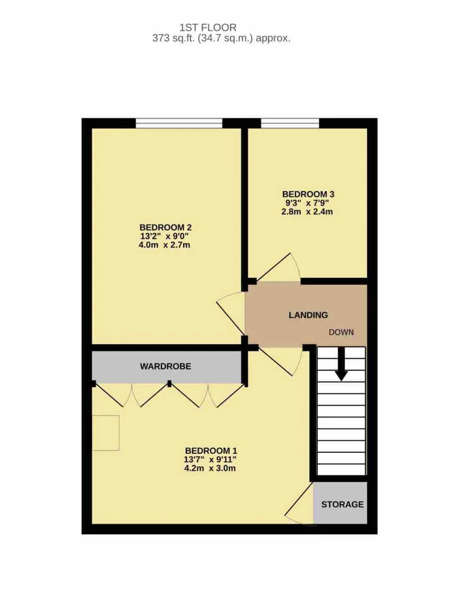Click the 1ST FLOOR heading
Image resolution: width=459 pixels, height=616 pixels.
[208, 28]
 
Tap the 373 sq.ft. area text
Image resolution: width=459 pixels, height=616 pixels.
[221, 38]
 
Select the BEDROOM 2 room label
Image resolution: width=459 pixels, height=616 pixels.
[165, 227]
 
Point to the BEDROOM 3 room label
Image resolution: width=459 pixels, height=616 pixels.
[308, 194]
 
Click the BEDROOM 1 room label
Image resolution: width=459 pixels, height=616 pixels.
[211, 451]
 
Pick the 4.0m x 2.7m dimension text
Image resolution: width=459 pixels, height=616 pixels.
[164, 245]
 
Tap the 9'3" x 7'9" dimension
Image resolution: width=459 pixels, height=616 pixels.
[307, 203]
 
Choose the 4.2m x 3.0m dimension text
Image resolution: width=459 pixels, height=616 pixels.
[210, 468]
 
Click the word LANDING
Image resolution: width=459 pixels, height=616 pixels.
[308, 315]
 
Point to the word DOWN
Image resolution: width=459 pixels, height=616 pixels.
[341, 332]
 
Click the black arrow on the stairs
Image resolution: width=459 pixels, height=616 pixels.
[341, 364]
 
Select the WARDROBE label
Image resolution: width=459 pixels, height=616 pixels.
[165, 366]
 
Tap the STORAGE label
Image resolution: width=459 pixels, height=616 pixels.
[342, 504]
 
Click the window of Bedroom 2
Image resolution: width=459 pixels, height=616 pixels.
[179, 123]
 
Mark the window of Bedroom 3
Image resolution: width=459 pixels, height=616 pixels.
[290, 123]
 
